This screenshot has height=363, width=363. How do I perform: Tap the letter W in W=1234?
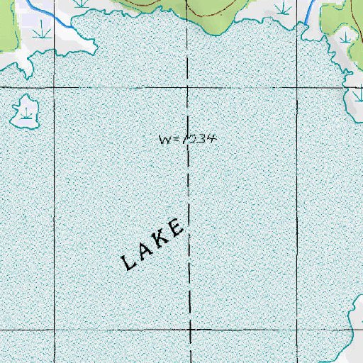tap(164, 139)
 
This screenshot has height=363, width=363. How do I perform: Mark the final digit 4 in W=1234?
tap(211, 138)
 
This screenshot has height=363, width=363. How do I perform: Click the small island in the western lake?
tap(25, 112)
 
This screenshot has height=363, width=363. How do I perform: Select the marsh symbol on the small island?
tap(28, 113)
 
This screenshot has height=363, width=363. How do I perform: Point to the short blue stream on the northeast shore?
tap(309, 10)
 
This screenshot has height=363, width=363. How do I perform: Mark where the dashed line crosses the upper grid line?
tap(189, 89)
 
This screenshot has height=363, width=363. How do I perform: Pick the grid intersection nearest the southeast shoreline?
tap(298, 330)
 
